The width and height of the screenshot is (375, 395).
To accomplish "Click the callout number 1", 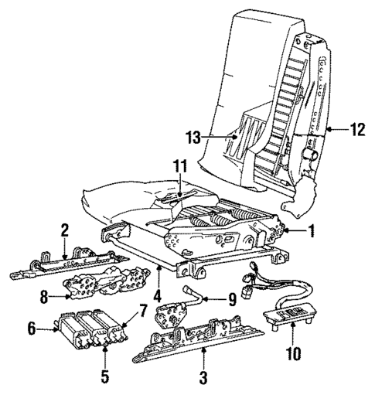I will (311, 230).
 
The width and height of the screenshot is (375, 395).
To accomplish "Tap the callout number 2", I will (66, 230).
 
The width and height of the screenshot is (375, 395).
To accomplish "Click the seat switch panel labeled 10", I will (289, 315).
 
